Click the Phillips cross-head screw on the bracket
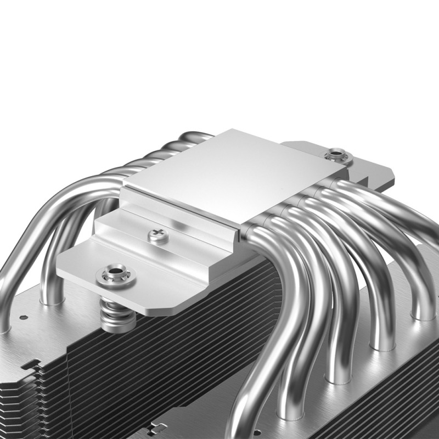tap(158, 237)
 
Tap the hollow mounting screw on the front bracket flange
tap(116, 272)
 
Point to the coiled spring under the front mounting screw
tap(116, 314)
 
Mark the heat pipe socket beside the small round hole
tap(52, 299)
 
